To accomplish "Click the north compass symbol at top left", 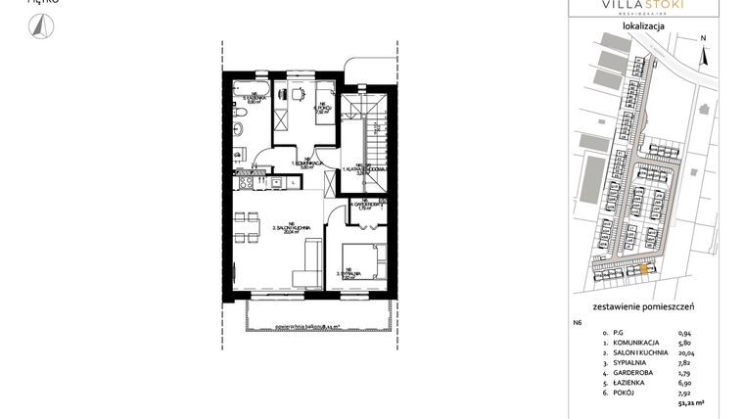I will pyautogui.click(x=40, y=30).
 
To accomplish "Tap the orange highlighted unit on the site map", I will pyautogui.click(x=642, y=268).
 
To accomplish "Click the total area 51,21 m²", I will pyautogui.click(x=692, y=400).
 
